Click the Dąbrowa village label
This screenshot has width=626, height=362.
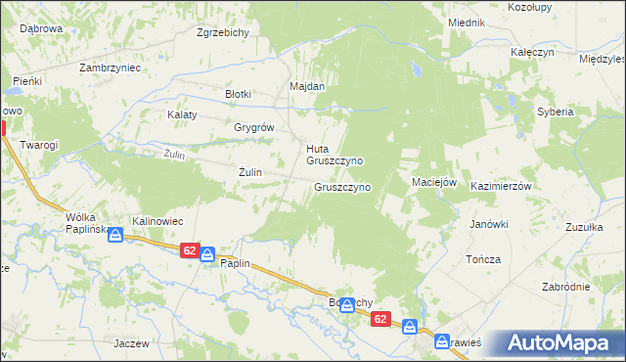pos(40,28)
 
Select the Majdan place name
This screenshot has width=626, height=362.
pos(306,86)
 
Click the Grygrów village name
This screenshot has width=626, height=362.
pos(253,127)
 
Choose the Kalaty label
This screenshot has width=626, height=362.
pos(182,114)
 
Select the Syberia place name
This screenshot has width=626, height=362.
pos(555,112)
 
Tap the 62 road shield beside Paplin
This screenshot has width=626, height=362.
pos(190,251)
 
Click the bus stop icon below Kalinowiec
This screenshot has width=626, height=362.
pos(115,235)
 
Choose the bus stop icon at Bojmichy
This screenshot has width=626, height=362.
pos(346,305)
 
